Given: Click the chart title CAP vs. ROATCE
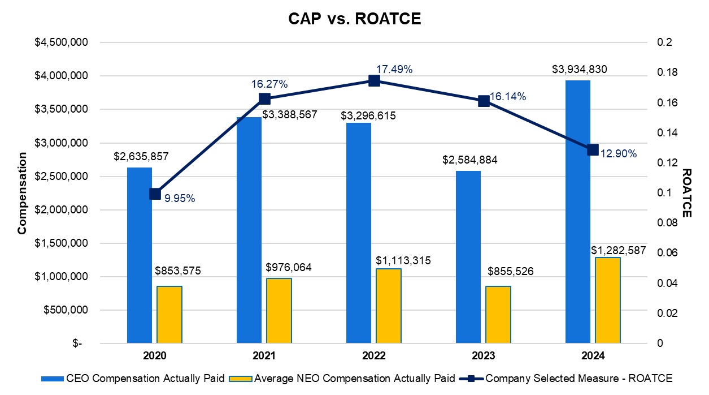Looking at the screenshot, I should tap(354, 18).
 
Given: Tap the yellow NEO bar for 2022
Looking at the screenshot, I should tap(389, 306).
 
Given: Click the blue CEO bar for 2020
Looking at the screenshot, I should tap(139, 255).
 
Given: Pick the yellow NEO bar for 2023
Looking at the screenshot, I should tap(498, 315).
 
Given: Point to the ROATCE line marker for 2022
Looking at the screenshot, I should tap(374, 81).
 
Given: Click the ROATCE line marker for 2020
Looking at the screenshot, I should tap(155, 194).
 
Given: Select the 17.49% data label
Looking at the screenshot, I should tap(394, 69).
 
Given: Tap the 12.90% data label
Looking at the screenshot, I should tap(619, 154).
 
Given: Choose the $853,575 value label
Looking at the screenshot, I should tap(178, 271).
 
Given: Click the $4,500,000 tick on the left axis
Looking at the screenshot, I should tap(55, 42).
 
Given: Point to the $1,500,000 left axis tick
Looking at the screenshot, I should tap(55, 243).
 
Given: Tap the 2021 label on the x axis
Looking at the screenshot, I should tap(264, 356).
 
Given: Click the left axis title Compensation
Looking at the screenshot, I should tap(22, 193).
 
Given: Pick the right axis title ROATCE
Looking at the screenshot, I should tap(686, 193).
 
